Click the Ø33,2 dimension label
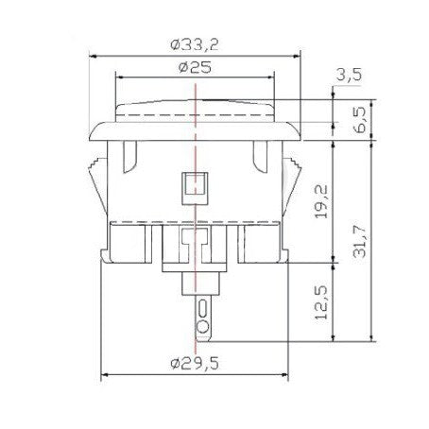195,45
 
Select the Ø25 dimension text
195,67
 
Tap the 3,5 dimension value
349,75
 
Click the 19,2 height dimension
321,201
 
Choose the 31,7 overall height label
359,242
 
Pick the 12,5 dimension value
321,302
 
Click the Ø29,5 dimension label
195,365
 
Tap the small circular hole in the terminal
202,327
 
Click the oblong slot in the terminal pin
202,308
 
